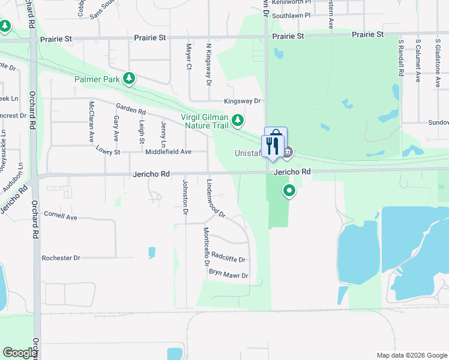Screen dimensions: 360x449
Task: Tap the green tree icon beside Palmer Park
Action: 128,78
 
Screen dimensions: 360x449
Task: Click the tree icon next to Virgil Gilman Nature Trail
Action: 238,121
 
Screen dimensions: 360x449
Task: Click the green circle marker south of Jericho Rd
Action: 289,191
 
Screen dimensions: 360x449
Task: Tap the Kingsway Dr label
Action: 243,101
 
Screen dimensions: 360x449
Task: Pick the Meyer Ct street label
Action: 188,56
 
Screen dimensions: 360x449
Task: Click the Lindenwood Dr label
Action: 215,198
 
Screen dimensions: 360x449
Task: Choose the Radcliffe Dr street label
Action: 229,257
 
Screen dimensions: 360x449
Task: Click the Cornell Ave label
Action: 61,215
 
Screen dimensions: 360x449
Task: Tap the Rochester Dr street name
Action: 61,258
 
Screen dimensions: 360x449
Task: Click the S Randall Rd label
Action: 400,58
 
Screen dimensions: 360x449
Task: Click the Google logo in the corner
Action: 20,353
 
